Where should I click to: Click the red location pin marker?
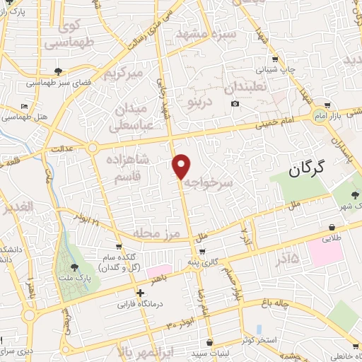[x=182, y=166]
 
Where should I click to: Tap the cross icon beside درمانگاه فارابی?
[x=141, y=292]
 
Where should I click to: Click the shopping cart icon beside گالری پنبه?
[x=203, y=252]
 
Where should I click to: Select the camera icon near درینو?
[x=235, y=103]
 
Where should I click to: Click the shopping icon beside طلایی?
[x=332, y=227]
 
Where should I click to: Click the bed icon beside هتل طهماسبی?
[x=25, y=105]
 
